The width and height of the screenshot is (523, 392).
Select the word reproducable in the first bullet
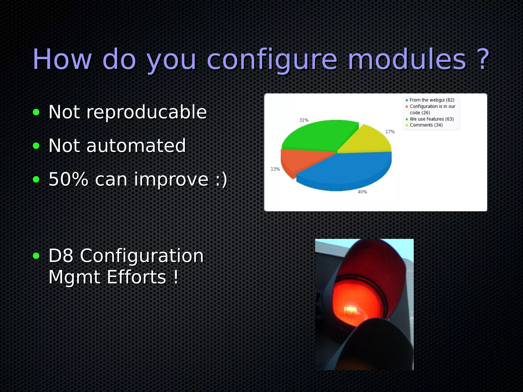pos(147,112)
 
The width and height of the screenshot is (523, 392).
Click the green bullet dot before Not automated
pos(36,146)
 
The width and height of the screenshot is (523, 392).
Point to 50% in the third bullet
pos(68,179)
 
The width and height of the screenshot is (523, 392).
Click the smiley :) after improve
pos(221,179)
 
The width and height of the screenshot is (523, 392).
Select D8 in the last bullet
pos(61,256)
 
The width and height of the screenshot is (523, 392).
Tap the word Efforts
pos(137,277)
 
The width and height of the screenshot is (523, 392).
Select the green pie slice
pos(319,135)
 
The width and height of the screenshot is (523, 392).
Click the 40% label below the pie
pos(362,192)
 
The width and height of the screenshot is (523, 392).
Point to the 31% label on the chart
pos(304,120)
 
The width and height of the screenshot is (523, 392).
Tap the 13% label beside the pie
pos(275,169)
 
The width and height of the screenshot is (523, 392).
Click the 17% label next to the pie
pos(390,132)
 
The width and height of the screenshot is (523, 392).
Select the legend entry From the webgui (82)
pos(432,100)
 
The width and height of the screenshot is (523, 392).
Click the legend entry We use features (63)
pos(432,119)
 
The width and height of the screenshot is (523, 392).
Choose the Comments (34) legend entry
pos(426,125)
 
